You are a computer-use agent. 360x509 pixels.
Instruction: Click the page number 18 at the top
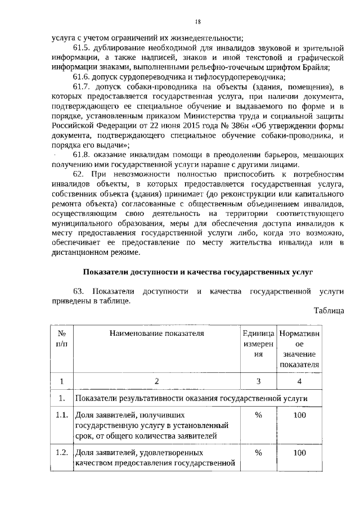pos(197,22)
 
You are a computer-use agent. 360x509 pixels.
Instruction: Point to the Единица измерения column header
pos(258,344)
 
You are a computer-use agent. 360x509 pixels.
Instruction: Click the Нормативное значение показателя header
pos(299,349)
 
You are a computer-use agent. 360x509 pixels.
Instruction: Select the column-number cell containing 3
pos(258,381)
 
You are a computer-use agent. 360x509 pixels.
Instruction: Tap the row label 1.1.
pos(62,416)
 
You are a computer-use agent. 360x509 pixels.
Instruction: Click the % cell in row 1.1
pos(258,416)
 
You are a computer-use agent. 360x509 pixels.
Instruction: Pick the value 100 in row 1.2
pos(299,453)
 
